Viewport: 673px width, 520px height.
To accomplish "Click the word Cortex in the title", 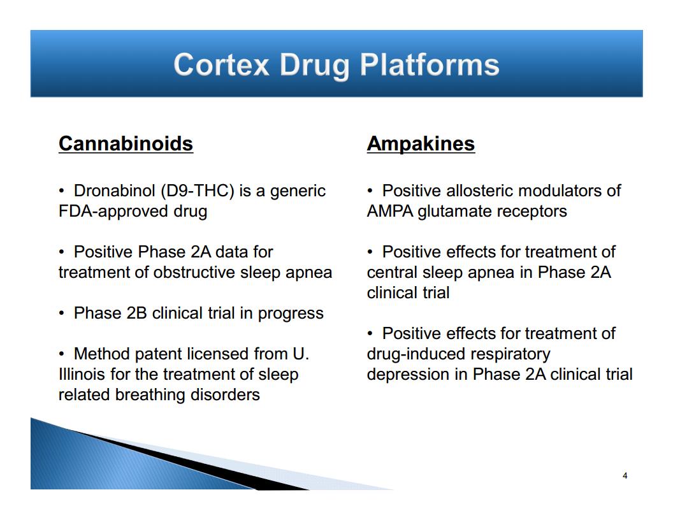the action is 222,65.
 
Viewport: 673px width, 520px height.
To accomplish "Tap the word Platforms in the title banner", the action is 430,66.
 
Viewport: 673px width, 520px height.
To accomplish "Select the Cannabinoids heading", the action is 126,143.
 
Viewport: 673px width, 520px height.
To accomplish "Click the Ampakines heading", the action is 421,144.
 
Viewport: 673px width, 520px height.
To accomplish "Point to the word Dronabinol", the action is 114,191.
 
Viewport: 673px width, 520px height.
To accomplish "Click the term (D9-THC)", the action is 198,191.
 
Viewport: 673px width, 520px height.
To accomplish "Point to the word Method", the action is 102,354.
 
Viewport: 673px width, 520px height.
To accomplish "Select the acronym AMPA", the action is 390,212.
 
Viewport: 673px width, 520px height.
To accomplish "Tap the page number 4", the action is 625,475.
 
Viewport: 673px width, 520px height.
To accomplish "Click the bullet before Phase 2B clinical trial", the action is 62,313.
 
